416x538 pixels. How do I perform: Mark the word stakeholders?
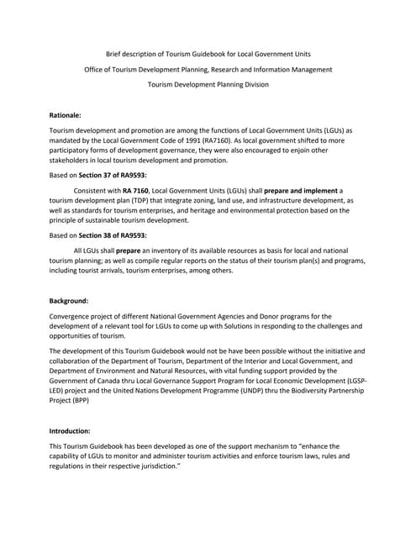click(x=73, y=160)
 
